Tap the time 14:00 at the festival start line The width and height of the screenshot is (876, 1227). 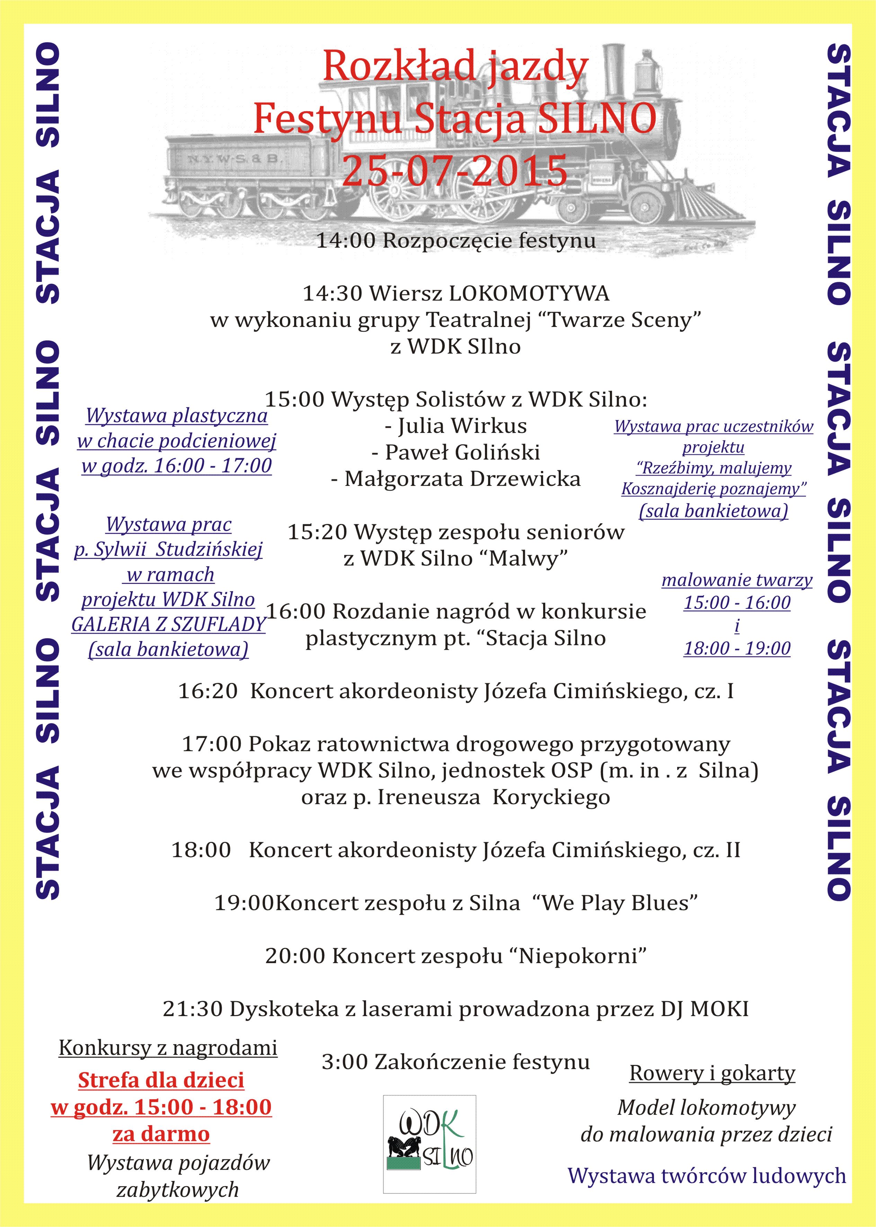click(345, 241)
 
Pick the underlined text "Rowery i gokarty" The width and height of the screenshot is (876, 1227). click(712, 1073)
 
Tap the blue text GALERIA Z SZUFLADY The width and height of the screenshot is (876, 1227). click(168, 624)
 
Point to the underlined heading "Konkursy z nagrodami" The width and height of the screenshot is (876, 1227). click(168, 1048)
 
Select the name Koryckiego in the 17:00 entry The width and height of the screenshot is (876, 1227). click(551, 797)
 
